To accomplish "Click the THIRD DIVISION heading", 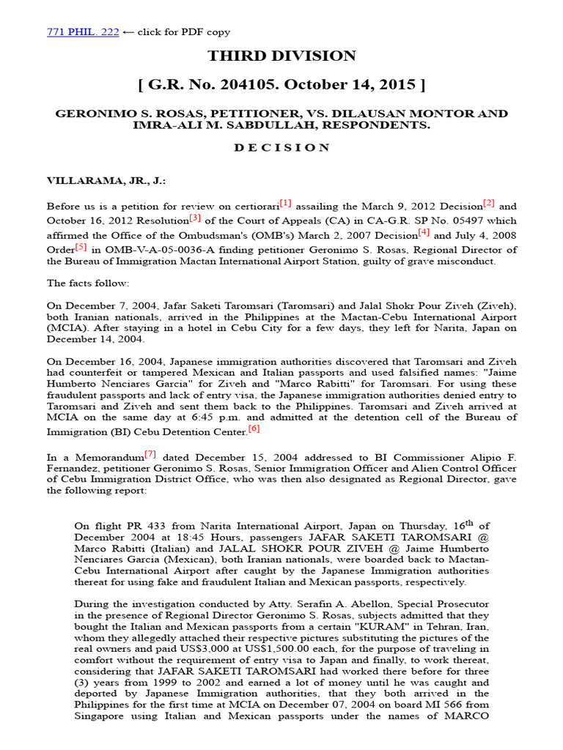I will click(x=281, y=56).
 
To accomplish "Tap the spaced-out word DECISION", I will click(x=281, y=147).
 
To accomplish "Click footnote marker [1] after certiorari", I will click(x=284, y=203).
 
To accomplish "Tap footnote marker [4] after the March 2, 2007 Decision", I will click(x=424, y=232).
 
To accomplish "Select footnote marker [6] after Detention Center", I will click(x=254, y=428).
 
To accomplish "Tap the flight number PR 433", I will click(x=147, y=525).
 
